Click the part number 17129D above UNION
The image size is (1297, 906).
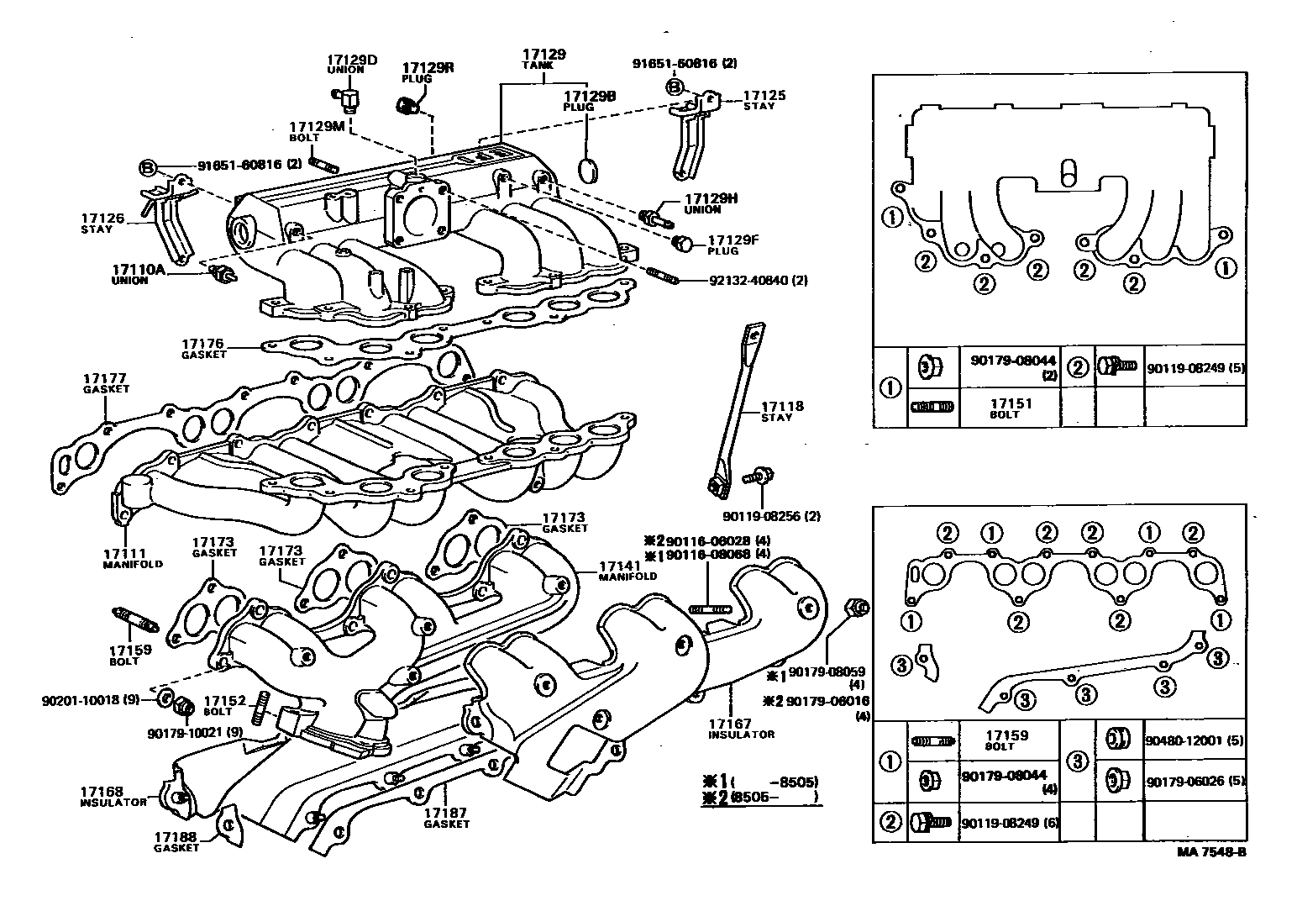[351, 60]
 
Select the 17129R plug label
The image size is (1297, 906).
[427, 68]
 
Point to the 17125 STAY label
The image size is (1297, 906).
[764, 100]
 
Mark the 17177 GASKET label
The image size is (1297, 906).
[105, 383]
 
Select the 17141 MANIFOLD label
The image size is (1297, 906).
[627, 572]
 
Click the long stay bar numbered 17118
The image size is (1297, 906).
[736, 403]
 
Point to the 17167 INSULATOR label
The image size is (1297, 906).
[740, 728]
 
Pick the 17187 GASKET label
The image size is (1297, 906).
[446, 818]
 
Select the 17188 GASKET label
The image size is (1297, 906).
[176, 841]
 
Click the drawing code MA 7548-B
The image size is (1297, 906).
[1211, 851]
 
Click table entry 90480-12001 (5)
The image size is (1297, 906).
[1194, 740]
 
